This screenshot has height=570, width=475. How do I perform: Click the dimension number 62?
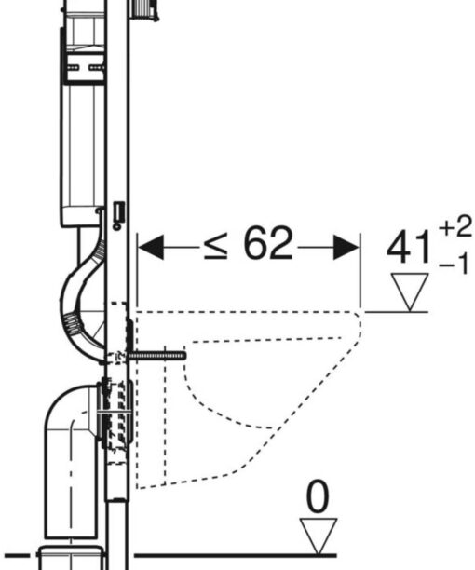pos(268,243)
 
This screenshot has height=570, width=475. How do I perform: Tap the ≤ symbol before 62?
pos(216,246)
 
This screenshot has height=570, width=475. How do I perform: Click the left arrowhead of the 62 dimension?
pos(151,247)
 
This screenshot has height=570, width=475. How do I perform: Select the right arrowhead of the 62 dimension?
pos(346,247)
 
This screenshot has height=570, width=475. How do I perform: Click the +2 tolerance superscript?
pos(455,227)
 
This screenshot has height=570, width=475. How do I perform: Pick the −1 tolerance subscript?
pos(455,264)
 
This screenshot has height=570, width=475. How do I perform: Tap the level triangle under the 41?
pos(410,292)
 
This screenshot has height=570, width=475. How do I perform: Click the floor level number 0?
pos(318,497)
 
